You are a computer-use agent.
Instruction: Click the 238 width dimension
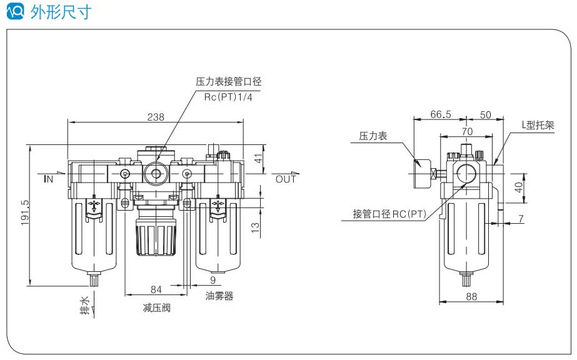coord(156,116)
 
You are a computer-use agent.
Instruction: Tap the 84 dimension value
coord(156,289)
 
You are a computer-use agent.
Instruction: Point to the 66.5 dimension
coord(441,114)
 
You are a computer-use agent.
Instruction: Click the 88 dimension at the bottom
coord(471,297)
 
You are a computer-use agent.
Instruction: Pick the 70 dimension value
coord(466,132)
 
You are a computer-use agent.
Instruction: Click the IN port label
coord(49,179)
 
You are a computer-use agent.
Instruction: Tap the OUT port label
coord(286,179)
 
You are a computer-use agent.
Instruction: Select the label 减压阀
coord(156,308)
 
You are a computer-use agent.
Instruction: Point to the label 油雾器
coord(219,296)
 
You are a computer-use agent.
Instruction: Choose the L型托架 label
coord(538,125)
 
